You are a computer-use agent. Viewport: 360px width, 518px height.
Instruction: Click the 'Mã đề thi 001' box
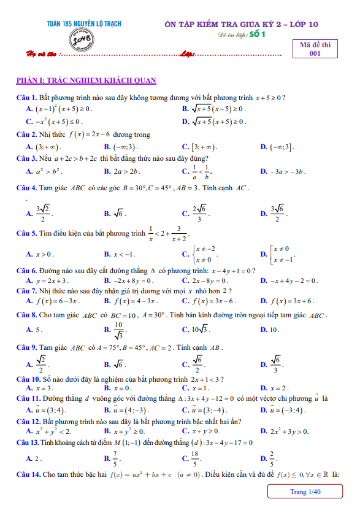pyautogui.click(x=315, y=48)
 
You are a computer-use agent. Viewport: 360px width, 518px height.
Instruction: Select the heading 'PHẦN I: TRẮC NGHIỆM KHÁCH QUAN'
pyautogui.click(x=86, y=80)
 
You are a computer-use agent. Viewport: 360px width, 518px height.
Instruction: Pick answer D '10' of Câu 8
pyautogui.click(x=270, y=330)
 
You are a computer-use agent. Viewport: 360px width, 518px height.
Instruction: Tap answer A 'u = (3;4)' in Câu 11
pyautogui.click(x=47, y=409)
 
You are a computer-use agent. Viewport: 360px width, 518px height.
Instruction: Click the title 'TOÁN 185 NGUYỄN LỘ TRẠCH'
pyautogui.click(x=84, y=23)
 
